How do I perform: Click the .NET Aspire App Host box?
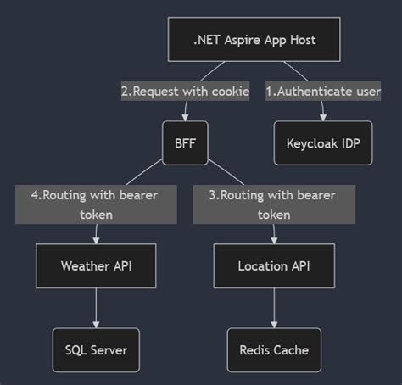254,39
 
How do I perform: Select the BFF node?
185,143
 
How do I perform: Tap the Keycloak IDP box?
323,143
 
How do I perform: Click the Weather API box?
96,266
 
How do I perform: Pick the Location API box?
273,266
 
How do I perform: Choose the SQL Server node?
96,349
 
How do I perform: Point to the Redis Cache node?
273,349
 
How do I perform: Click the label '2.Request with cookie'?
185,92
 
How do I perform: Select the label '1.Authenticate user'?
323,92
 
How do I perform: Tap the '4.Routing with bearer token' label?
96,204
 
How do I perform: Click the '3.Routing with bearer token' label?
272,204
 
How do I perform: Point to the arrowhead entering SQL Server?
96,324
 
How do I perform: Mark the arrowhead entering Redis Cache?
273,324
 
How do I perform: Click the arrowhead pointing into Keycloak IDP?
323,118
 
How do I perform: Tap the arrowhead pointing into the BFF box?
185,118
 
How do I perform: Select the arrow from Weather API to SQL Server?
96,305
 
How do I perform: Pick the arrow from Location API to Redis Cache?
273,305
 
